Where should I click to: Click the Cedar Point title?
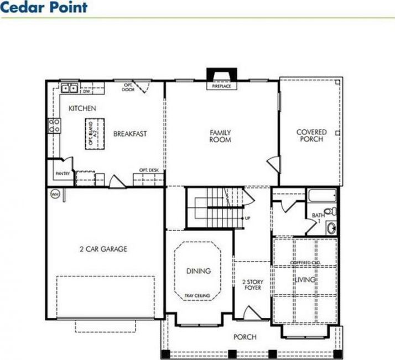(x=44, y=8)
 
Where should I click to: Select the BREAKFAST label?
(x=130, y=133)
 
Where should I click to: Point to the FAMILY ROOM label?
(x=220, y=136)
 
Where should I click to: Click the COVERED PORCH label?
(x=311, y=135)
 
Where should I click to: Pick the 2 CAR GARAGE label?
(x=103, y=249)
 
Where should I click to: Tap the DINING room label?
(x=198, y=271)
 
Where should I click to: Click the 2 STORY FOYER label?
(x=253, y=284)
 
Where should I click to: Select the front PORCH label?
(x=244, y=336)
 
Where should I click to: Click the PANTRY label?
(x=62, y=174)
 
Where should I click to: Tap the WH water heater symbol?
(x=55, y=194)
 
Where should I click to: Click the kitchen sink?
(x=69, y=87)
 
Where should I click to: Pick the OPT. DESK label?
(x=149, y=169)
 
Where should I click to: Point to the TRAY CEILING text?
(x=197, y=296)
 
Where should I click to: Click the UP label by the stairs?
(x=247, y=218)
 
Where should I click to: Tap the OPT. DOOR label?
(x=129, y=87)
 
